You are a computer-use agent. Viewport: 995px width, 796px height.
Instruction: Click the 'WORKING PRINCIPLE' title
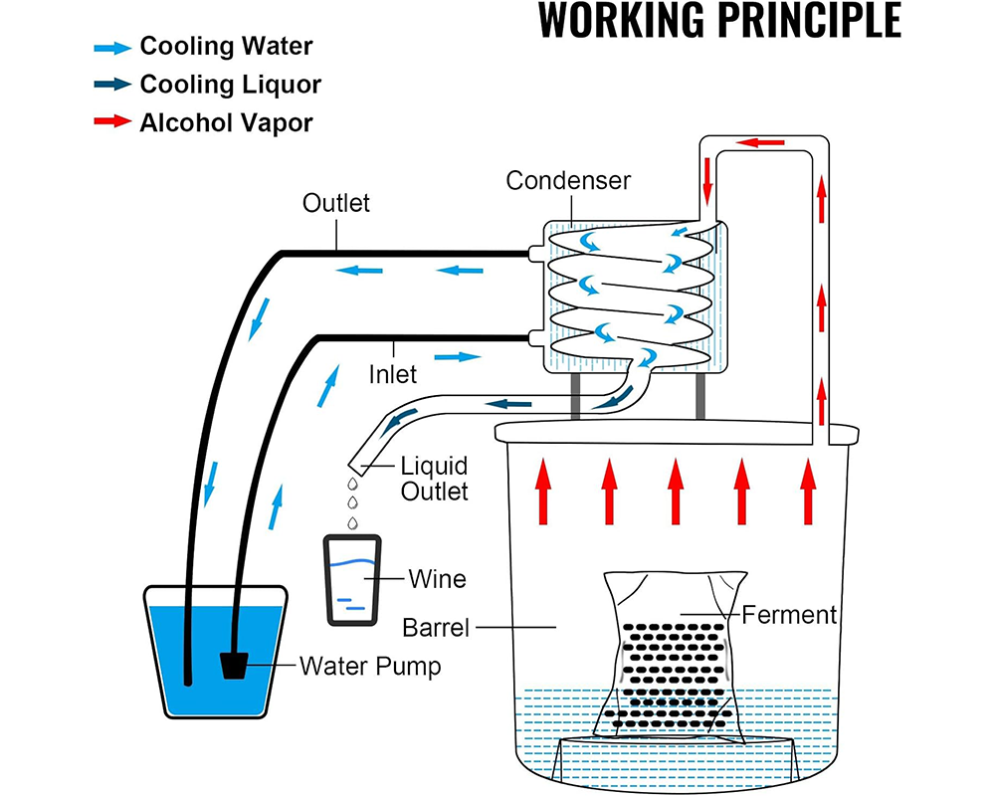tap(719, 21)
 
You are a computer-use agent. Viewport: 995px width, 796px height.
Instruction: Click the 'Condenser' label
tap(568, 180)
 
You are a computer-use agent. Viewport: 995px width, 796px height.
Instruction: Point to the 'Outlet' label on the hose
tap(336, 203)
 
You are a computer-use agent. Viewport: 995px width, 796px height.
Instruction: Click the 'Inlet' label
tap(391, 375)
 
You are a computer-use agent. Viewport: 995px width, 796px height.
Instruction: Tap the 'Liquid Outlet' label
tap(434, 478)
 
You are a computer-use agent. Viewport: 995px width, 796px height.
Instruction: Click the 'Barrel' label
tap(436, 628)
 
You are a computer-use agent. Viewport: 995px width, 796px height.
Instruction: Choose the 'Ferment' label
tap(789, 614)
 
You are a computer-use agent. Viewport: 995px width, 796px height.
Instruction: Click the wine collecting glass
tap(352, 580)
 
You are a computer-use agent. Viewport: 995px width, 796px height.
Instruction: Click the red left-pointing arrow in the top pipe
tap(765, 142)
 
